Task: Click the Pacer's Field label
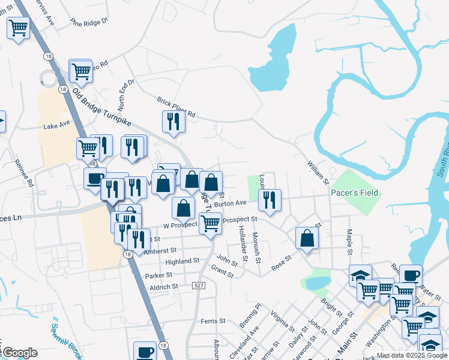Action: click(x=354, y=193)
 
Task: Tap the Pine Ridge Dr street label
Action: click(x=88, y=22)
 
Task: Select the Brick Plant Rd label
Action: click(x=176, y=106)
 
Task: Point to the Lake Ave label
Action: click(x=56, y=126)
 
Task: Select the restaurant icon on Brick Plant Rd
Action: click(x=173, y=121)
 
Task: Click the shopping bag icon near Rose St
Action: click(x=307, y=238)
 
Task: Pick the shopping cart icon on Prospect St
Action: click(x=209, y=223)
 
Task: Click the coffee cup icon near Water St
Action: click(x=411, y=275)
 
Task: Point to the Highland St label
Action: click(x=182, y=262)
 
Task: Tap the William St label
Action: click(x=318, y=172)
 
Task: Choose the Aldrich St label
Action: click(x=164, y=287)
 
